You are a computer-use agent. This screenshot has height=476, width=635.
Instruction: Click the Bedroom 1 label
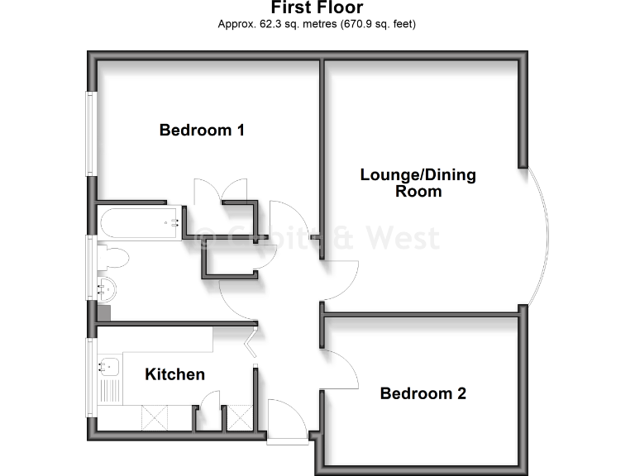pos(202,130)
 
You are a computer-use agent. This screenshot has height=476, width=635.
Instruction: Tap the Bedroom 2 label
pos(423,393)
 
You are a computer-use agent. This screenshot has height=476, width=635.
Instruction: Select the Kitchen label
pos(174,374)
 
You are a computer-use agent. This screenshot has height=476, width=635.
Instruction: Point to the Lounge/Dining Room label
pos(418,183)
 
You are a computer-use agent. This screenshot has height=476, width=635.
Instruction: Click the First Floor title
pos(317,8)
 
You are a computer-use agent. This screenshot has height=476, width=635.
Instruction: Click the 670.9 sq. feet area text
pos(376,24)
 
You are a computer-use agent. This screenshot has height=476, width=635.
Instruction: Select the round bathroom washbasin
pos(107,289)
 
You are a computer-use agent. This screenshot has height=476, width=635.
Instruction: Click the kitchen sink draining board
pos(108,393)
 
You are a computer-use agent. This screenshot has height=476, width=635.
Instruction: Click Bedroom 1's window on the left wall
pos(92,132)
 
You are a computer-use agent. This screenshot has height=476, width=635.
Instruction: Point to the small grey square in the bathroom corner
pos(103,313)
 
